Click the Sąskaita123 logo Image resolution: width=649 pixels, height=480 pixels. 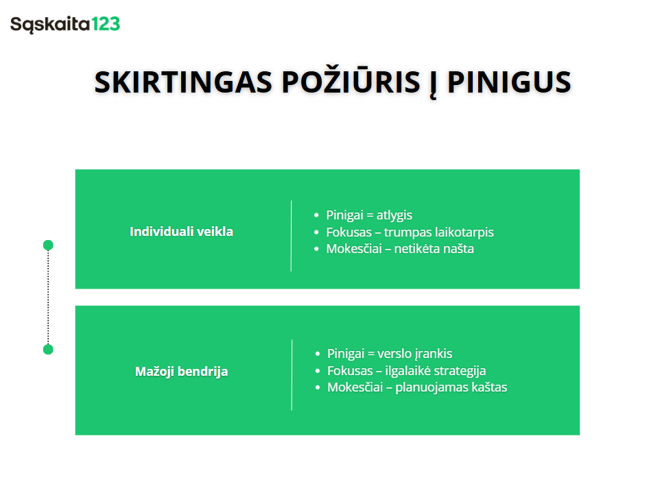point(65,25)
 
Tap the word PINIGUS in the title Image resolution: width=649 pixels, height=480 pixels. point(509,82)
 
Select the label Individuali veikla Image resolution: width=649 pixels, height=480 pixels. point(181,232)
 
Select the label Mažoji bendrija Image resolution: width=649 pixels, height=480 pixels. point(181,372)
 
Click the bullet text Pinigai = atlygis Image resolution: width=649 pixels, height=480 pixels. point(369,215)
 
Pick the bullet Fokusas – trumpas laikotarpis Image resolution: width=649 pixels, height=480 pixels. point(410,232)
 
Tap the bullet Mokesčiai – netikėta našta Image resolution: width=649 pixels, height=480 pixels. point(400,248)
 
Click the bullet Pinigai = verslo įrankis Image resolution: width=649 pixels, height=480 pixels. point(390,354)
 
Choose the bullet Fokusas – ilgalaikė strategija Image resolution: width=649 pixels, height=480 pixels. point(407,371)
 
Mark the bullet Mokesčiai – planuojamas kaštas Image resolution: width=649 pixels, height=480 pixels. point(417,387)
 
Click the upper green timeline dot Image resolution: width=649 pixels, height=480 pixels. point(48,245)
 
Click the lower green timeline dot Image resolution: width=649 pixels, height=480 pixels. point(48,350)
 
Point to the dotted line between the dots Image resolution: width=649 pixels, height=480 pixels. point(48,297)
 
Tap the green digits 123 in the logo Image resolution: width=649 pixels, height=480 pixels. point(105,25)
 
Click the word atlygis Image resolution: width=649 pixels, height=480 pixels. point(394,215)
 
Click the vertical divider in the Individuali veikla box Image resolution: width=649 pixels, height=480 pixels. point(292,235)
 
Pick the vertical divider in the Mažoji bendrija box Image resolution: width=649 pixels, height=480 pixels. point(292,374)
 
